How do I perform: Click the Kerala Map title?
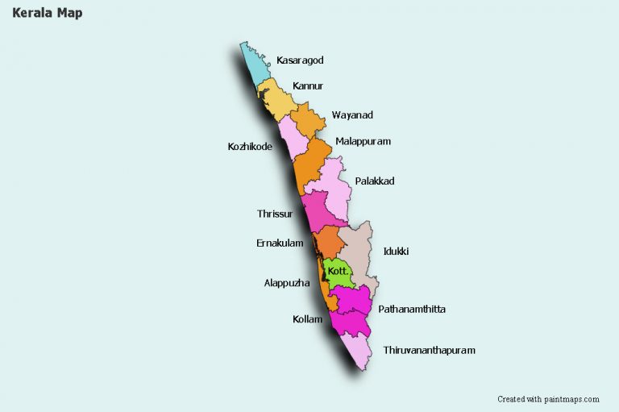pos(47,14)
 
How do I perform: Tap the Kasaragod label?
pos(300,60)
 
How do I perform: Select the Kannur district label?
pos(308,85)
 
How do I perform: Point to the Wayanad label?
pos(352,115)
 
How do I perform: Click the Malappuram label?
pos(363,141)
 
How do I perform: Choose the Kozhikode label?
pos(250,147)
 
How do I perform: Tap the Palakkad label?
pos(375,181)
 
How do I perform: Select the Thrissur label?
pos(275,214)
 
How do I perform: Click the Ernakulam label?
pos(280,243)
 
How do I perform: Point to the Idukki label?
pos(396,252)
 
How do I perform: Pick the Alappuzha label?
pos(287,283)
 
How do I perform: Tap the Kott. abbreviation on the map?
pos(339,272)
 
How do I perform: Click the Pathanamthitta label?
pos(412,310)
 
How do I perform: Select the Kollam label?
pos(307,319)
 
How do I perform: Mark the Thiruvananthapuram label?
pos(429,351)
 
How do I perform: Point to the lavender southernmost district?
pos(355,349)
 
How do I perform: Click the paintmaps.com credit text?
pos(548,399)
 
